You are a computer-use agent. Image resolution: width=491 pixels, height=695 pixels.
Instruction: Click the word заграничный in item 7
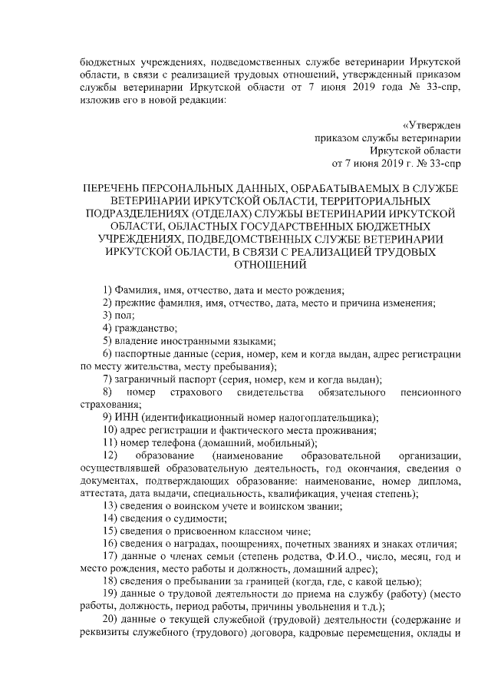143,379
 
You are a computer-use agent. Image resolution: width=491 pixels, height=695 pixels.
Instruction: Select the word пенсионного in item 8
430,392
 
